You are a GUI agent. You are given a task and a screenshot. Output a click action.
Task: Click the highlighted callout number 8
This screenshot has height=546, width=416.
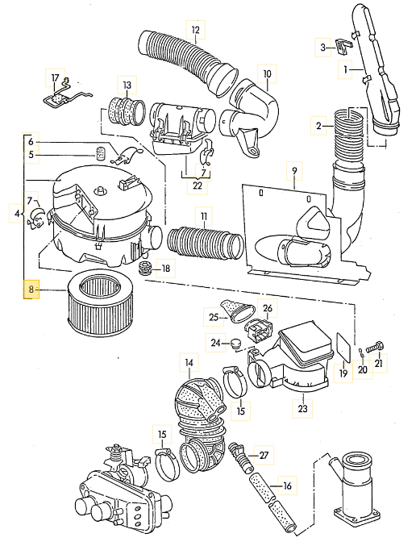[x=31, y=290]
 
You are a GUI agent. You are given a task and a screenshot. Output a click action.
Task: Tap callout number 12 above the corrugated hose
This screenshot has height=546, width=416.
[x=195, y=30]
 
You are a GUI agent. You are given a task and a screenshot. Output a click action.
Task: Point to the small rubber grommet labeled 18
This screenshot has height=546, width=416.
[x=145, y=267]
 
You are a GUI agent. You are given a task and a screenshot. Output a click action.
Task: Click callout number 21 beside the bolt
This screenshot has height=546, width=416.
[x=379, y=363]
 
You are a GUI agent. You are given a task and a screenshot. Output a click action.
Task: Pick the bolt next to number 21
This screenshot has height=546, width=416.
[x=375, y=347]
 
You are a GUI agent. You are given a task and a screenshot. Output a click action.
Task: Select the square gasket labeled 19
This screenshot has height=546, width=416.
[x=344, y=348]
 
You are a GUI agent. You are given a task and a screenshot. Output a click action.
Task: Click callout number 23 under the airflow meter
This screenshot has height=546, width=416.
[x=303, y=408]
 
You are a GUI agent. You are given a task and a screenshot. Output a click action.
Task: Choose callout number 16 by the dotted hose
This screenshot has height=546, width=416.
[x=287, y=486]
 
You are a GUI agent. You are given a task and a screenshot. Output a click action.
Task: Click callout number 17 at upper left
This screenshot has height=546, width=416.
[x=56, y=78]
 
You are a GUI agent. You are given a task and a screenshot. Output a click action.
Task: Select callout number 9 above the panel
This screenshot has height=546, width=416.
[x=294, y=171]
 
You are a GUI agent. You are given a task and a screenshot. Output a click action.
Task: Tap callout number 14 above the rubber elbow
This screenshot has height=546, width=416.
[x=189, y=363]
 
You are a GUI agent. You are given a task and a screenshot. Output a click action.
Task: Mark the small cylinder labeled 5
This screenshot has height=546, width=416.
[x=100, y=153]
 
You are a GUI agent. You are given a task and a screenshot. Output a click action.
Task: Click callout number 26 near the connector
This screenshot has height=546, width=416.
[x=268, y=308]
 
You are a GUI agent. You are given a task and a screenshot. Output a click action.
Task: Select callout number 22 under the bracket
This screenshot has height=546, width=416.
[x=197, y=185]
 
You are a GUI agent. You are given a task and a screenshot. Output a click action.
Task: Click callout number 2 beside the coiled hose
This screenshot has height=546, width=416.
[x=319, y=126]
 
